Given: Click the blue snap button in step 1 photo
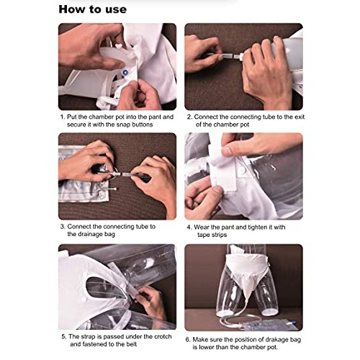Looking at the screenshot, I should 127,73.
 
